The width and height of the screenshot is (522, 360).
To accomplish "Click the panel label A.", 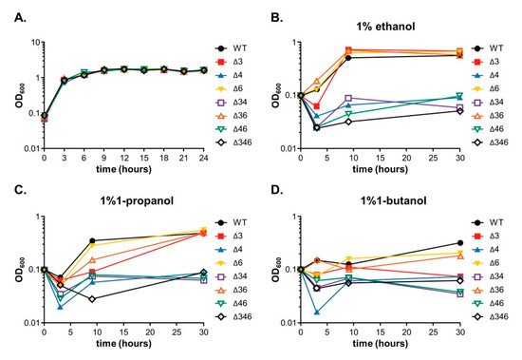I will pyautogui.click(x=9, y=9).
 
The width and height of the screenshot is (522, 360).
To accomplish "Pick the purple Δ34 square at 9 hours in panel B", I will pyautogui.click(x=349, y=98).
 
